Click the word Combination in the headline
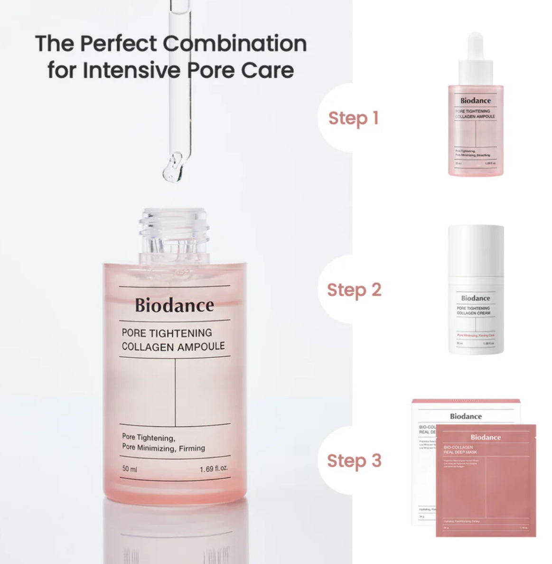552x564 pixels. coord(235,44)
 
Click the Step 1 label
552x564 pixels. coord(353,118)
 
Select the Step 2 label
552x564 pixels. coord(354,290)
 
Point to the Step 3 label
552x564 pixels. coord(354,461)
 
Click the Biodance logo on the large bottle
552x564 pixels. coord(174,305)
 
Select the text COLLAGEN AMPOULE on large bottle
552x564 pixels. coord(173,347)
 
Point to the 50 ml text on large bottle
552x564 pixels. coord(130,469)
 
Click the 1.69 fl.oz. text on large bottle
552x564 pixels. coord(214,469)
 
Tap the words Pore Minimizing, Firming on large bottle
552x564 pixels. coord(163,448)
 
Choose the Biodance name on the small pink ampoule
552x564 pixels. coord(475,101)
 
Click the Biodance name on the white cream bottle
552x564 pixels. coord(475,298)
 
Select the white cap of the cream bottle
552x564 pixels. coord(476,252)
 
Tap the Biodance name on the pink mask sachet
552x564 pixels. coord(486,437)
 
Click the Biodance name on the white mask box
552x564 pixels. coord(466,416)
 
